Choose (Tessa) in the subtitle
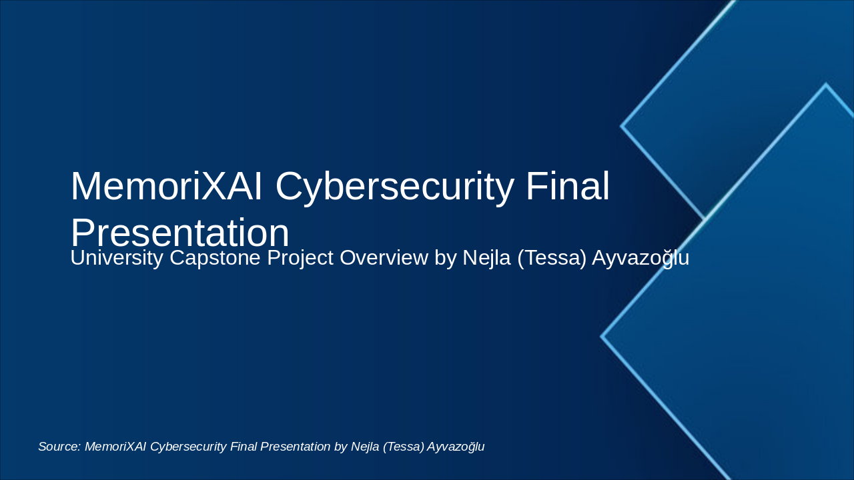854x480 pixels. click(552, 258)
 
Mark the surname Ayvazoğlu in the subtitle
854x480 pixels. click(641, 258)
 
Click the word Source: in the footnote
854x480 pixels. click(59, 447)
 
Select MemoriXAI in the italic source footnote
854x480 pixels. click(116, 447)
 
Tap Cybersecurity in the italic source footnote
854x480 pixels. click(188, 447)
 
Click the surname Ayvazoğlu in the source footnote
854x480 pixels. click(456, 447)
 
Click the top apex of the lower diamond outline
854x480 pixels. click(825, 85)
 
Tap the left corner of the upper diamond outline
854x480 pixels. click(622, 125)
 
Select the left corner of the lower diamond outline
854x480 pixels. click(602, 337)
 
